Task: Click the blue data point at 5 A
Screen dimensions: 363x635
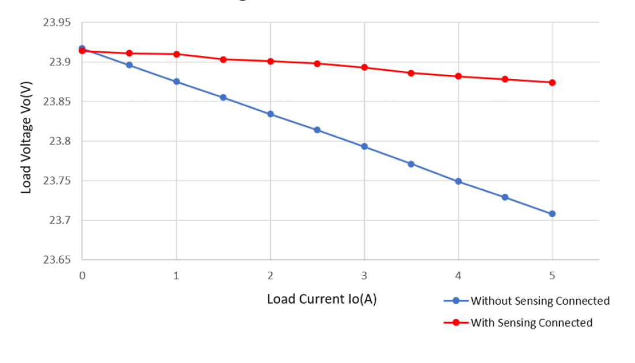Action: pos(552,214)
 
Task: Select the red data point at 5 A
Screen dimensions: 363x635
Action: pos(552,83)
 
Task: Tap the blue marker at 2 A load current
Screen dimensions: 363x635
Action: pos(270,114)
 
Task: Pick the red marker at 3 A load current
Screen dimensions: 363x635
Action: pos(364,68)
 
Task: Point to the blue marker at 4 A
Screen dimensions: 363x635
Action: pos(458,181)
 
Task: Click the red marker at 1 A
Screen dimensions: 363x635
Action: pos(176,54)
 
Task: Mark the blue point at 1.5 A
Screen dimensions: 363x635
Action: pos(223,97)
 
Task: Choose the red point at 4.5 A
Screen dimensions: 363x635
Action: pos(505,79)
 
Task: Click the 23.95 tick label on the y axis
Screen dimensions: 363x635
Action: pos(56,23)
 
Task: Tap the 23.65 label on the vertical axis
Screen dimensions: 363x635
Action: pos(56,260)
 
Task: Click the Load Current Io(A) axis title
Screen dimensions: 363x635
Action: pos(322,300)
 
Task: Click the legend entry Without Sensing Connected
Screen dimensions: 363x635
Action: pos(540,301)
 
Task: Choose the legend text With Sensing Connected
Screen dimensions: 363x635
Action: pos(531,323)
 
